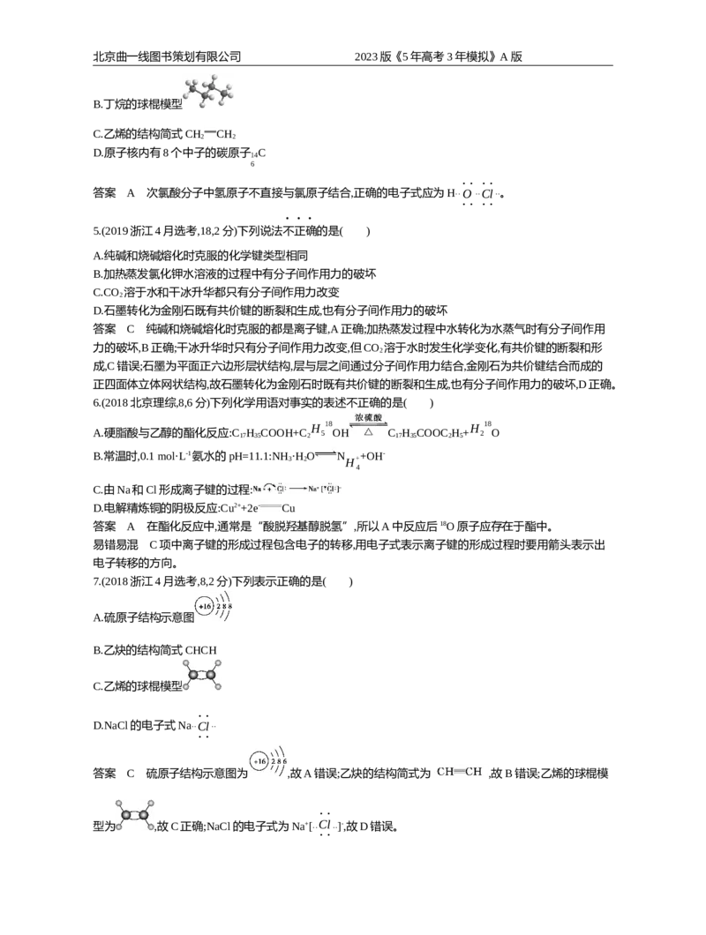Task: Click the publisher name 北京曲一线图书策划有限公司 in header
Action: click(167, 56)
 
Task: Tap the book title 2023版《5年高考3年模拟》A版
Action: click(438, 56)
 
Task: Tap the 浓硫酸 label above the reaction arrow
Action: click(368, 418)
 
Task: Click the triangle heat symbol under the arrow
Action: click(368, 431)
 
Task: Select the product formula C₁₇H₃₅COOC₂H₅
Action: click(424, 433)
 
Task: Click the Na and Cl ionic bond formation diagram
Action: click(296, 489)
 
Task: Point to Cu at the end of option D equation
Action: click(289, 509)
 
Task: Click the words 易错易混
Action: click(116, 545)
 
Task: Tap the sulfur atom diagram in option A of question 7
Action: click(214, 607)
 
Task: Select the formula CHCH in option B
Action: click(201, 651)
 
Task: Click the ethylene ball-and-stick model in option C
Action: click(202, 676)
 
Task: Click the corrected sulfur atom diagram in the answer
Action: click(269, 761)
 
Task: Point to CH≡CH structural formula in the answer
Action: click(459, 772)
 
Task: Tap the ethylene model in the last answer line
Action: click(135, 815)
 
